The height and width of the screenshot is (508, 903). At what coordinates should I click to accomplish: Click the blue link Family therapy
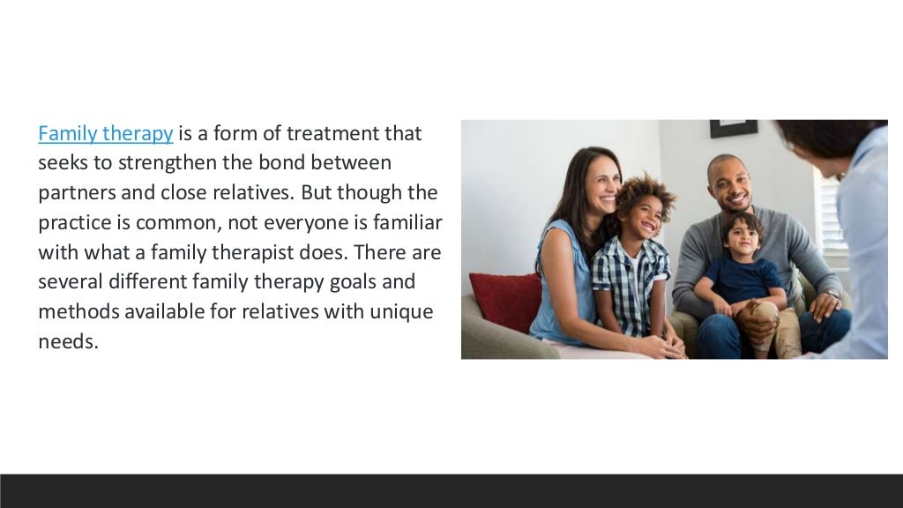105,134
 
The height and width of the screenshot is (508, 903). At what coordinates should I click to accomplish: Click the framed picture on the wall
734,128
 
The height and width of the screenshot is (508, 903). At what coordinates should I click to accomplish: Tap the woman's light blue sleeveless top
556,282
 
